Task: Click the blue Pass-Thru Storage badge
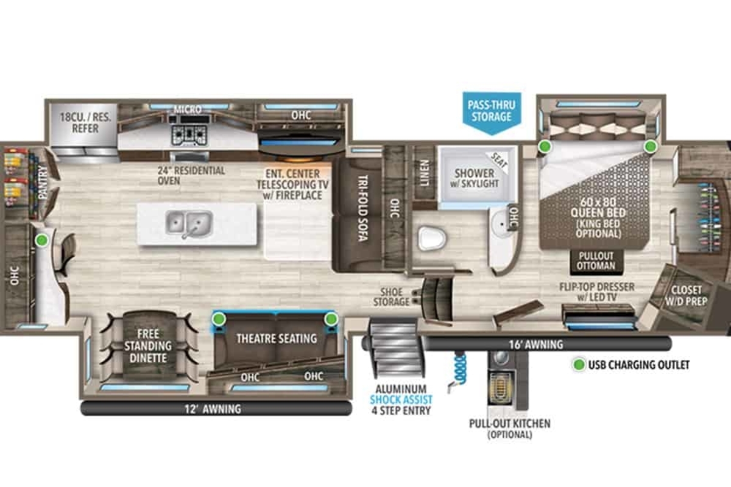491,111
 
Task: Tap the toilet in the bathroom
432,237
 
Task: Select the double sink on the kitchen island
189,223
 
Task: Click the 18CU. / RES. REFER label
85,122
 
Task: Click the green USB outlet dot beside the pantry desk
41,240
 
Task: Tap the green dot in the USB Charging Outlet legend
580,365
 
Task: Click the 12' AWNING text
213,409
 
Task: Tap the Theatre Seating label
276,338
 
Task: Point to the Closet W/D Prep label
685,295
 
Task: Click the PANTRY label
42,182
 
